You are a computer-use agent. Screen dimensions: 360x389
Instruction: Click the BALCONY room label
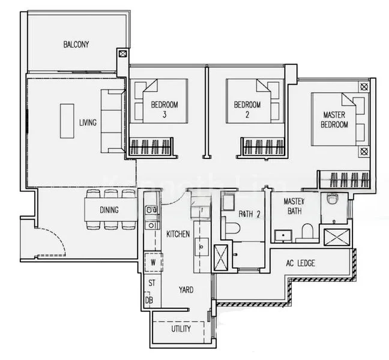coord(76,44)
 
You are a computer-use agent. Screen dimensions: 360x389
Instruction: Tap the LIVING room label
coord(88,123)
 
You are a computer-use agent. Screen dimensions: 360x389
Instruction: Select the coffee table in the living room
coord(67,121)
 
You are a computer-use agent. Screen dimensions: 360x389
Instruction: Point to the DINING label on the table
coord(109,210)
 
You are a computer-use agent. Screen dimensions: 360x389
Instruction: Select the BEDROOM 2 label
coord(247,109)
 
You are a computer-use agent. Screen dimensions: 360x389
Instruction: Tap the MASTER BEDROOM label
coord(335,119)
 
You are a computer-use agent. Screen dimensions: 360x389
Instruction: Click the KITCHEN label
coord(178,234)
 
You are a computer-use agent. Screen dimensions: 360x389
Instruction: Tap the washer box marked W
coord(153,262)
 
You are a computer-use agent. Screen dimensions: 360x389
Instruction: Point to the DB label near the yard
coord(148,300)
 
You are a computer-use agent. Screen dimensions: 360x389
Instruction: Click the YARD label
coord(186,290)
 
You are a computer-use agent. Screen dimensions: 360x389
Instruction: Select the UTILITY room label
coord(181,329)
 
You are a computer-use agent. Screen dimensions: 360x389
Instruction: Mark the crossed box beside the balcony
coord(123,53)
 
